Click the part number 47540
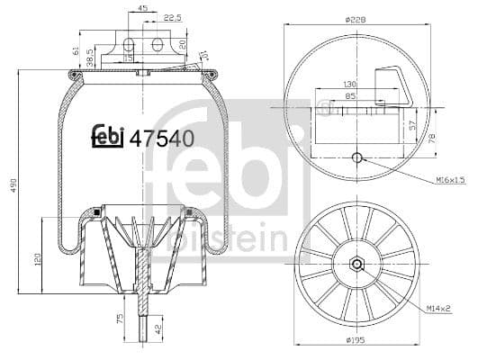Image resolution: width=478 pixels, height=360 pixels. pos(162,139)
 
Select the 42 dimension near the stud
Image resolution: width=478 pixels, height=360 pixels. pos(159,328)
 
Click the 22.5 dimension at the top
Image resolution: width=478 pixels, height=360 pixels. pos(171,17)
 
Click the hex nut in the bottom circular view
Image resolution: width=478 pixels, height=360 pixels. pos(356,265)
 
